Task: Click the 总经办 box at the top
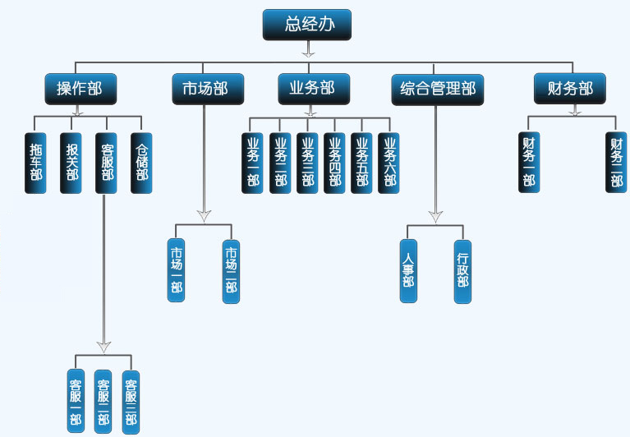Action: pos(307,25)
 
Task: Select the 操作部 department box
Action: pos(80,89)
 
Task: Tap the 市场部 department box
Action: pos(200,89)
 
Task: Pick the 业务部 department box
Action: pos(313,89)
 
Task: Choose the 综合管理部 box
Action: pos(438,89)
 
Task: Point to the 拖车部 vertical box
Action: pos(35,163)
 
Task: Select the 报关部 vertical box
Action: pos(71,163)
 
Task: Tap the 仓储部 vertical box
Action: pos(142,163)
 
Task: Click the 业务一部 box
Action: pos(252,163)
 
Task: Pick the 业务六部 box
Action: pos(388,163)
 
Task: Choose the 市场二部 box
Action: pos(232,271)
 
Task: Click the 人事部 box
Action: pos(409,271)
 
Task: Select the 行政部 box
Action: pos(463,271)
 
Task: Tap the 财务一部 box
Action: pos(529,163)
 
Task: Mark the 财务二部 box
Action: pos(616,163)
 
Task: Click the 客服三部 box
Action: pos(130,402)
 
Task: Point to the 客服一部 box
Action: pos(76,402)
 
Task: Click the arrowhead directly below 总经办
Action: pos(307,51)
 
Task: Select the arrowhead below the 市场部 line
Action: pos(205,215)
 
